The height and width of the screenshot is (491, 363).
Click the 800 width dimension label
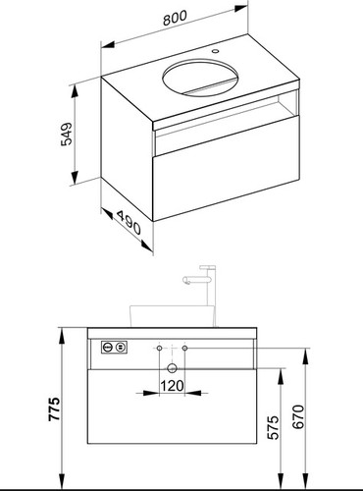[x=175, y=18]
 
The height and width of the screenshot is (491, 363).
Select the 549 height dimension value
[x=67, y=134]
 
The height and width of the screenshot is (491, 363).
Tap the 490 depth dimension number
[x=129, y=223]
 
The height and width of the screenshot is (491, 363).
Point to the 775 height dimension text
[x=54, y=409]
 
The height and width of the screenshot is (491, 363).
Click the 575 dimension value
[x=274, y=427]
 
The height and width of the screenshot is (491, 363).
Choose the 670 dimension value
[x=298, y=416]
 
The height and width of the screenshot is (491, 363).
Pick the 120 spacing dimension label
[x=172, y=386]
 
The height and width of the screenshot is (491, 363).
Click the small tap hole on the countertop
[x=215, y=51]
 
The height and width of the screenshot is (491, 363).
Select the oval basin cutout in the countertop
[x=200, y=78]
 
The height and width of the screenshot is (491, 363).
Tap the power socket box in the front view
[x=114, y=347]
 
